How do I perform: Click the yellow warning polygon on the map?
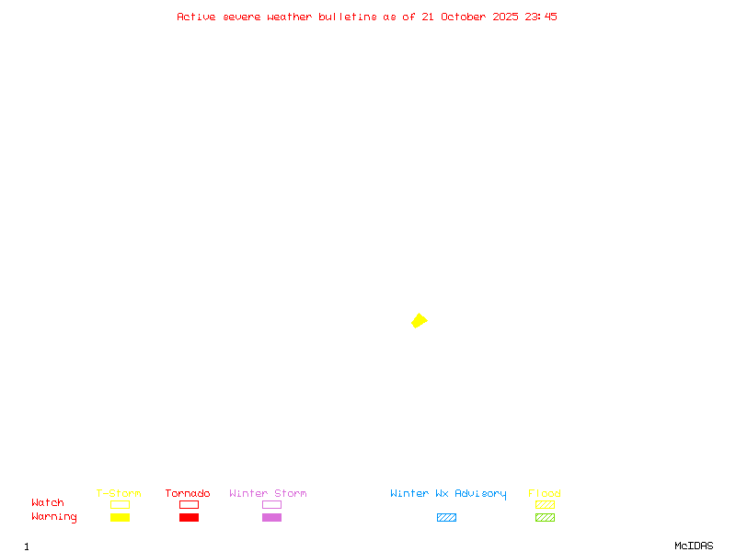[419, 320]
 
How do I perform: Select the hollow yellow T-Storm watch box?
[120, 504]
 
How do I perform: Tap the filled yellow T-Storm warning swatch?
[120, 517]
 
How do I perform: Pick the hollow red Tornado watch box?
[189, 504]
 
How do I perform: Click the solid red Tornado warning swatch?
[189, 517]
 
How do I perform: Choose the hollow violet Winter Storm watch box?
[271, 504]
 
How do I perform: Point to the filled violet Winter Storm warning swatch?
[271, 517]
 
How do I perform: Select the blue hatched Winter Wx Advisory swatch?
[446, 517]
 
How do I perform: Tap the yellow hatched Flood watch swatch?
[545, 504]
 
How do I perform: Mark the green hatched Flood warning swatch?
[545, 517]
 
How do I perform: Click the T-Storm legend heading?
[119, 493]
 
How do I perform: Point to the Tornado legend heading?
[188, 493]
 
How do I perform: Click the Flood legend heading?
[545, 493]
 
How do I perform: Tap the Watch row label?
[48, 503]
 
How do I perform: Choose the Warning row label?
[54, 517]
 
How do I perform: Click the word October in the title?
[464, 17]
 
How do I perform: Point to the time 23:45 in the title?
[541, 17]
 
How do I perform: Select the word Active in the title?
[196, 17]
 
